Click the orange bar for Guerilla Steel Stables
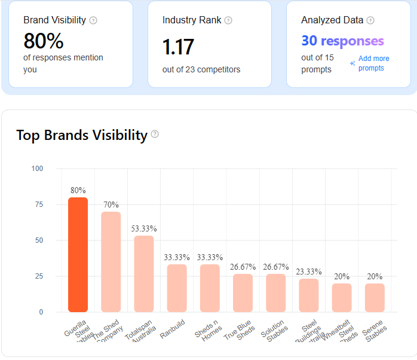78,254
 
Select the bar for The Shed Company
111,261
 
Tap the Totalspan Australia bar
143,273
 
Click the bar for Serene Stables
375,297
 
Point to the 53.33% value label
144,228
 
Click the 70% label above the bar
111,205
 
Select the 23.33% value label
309,271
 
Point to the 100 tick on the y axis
38,169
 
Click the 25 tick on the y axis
39,276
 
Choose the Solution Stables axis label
272,329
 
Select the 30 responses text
342,41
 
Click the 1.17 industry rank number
179,47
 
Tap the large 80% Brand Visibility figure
44,41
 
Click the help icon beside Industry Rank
228,20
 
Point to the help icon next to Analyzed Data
370,20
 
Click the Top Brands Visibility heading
82,135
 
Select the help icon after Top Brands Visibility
155,134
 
